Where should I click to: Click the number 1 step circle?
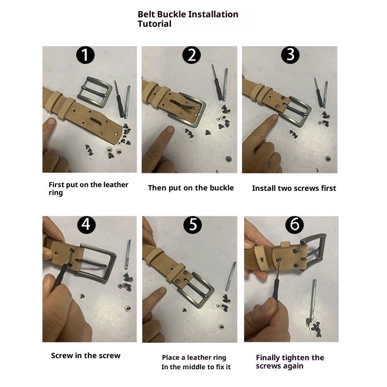85,55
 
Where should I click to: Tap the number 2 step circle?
192,55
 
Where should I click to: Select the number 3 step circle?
290,55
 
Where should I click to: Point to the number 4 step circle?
87,225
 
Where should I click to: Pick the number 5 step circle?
192,225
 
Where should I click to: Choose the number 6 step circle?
294,225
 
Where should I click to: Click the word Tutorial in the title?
155,24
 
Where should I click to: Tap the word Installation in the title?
212,14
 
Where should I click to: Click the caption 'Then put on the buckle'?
191,188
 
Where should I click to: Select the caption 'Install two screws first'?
294,188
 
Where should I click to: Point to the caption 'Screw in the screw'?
86,356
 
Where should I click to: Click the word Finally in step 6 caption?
268,358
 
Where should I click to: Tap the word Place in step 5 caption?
171,357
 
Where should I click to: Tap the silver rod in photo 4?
128,254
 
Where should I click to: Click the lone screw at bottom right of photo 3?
328,158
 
